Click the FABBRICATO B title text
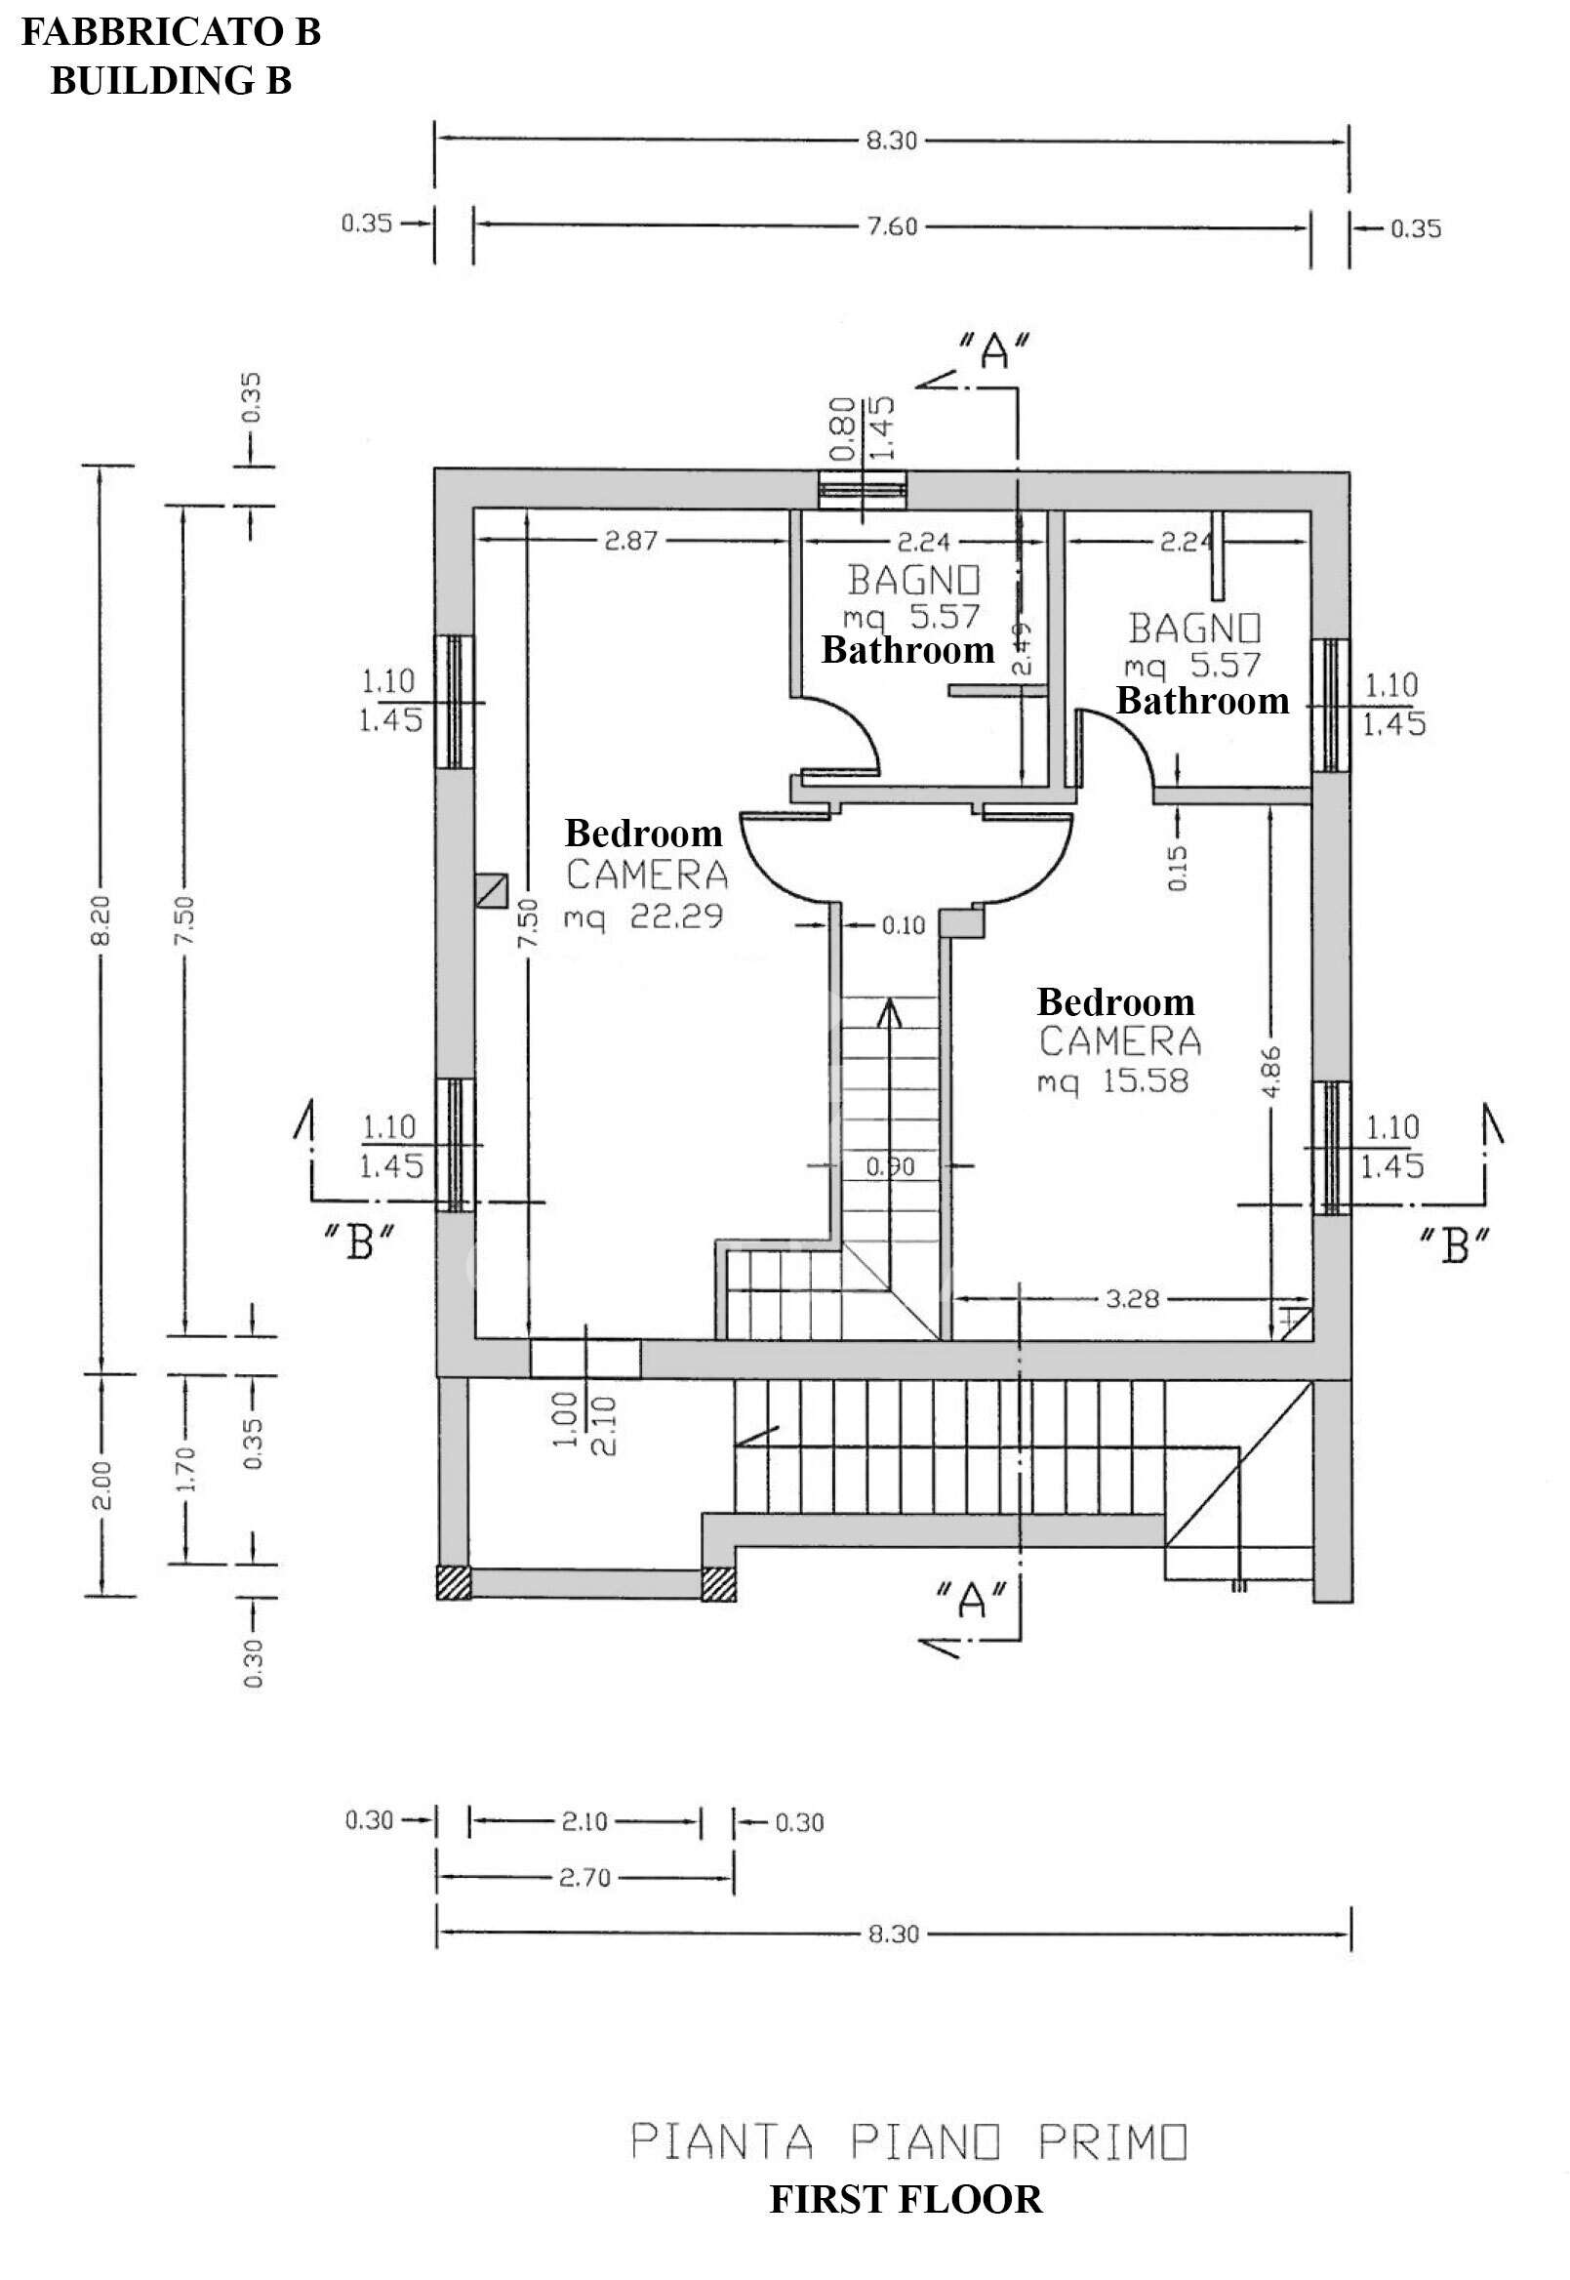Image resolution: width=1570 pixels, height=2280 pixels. point(171,32)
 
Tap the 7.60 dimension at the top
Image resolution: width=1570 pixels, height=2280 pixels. point(892,227)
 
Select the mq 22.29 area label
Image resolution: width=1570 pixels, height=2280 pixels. point(643,917)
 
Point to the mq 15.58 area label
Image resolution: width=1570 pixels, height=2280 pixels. point(1113,1081)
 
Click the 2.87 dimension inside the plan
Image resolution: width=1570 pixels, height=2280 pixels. point(630,541)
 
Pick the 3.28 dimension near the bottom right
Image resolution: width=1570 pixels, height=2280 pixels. point(1132,1299)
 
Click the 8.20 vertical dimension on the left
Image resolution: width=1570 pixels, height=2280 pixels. point(102,920)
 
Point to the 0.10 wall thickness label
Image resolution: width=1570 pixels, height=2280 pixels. point(903,925)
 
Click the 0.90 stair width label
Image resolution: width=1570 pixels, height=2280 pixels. point(890,1167)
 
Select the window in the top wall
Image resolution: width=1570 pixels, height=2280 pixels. point(863,489)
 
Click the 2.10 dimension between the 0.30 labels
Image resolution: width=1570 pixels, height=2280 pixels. point(585,1821)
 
